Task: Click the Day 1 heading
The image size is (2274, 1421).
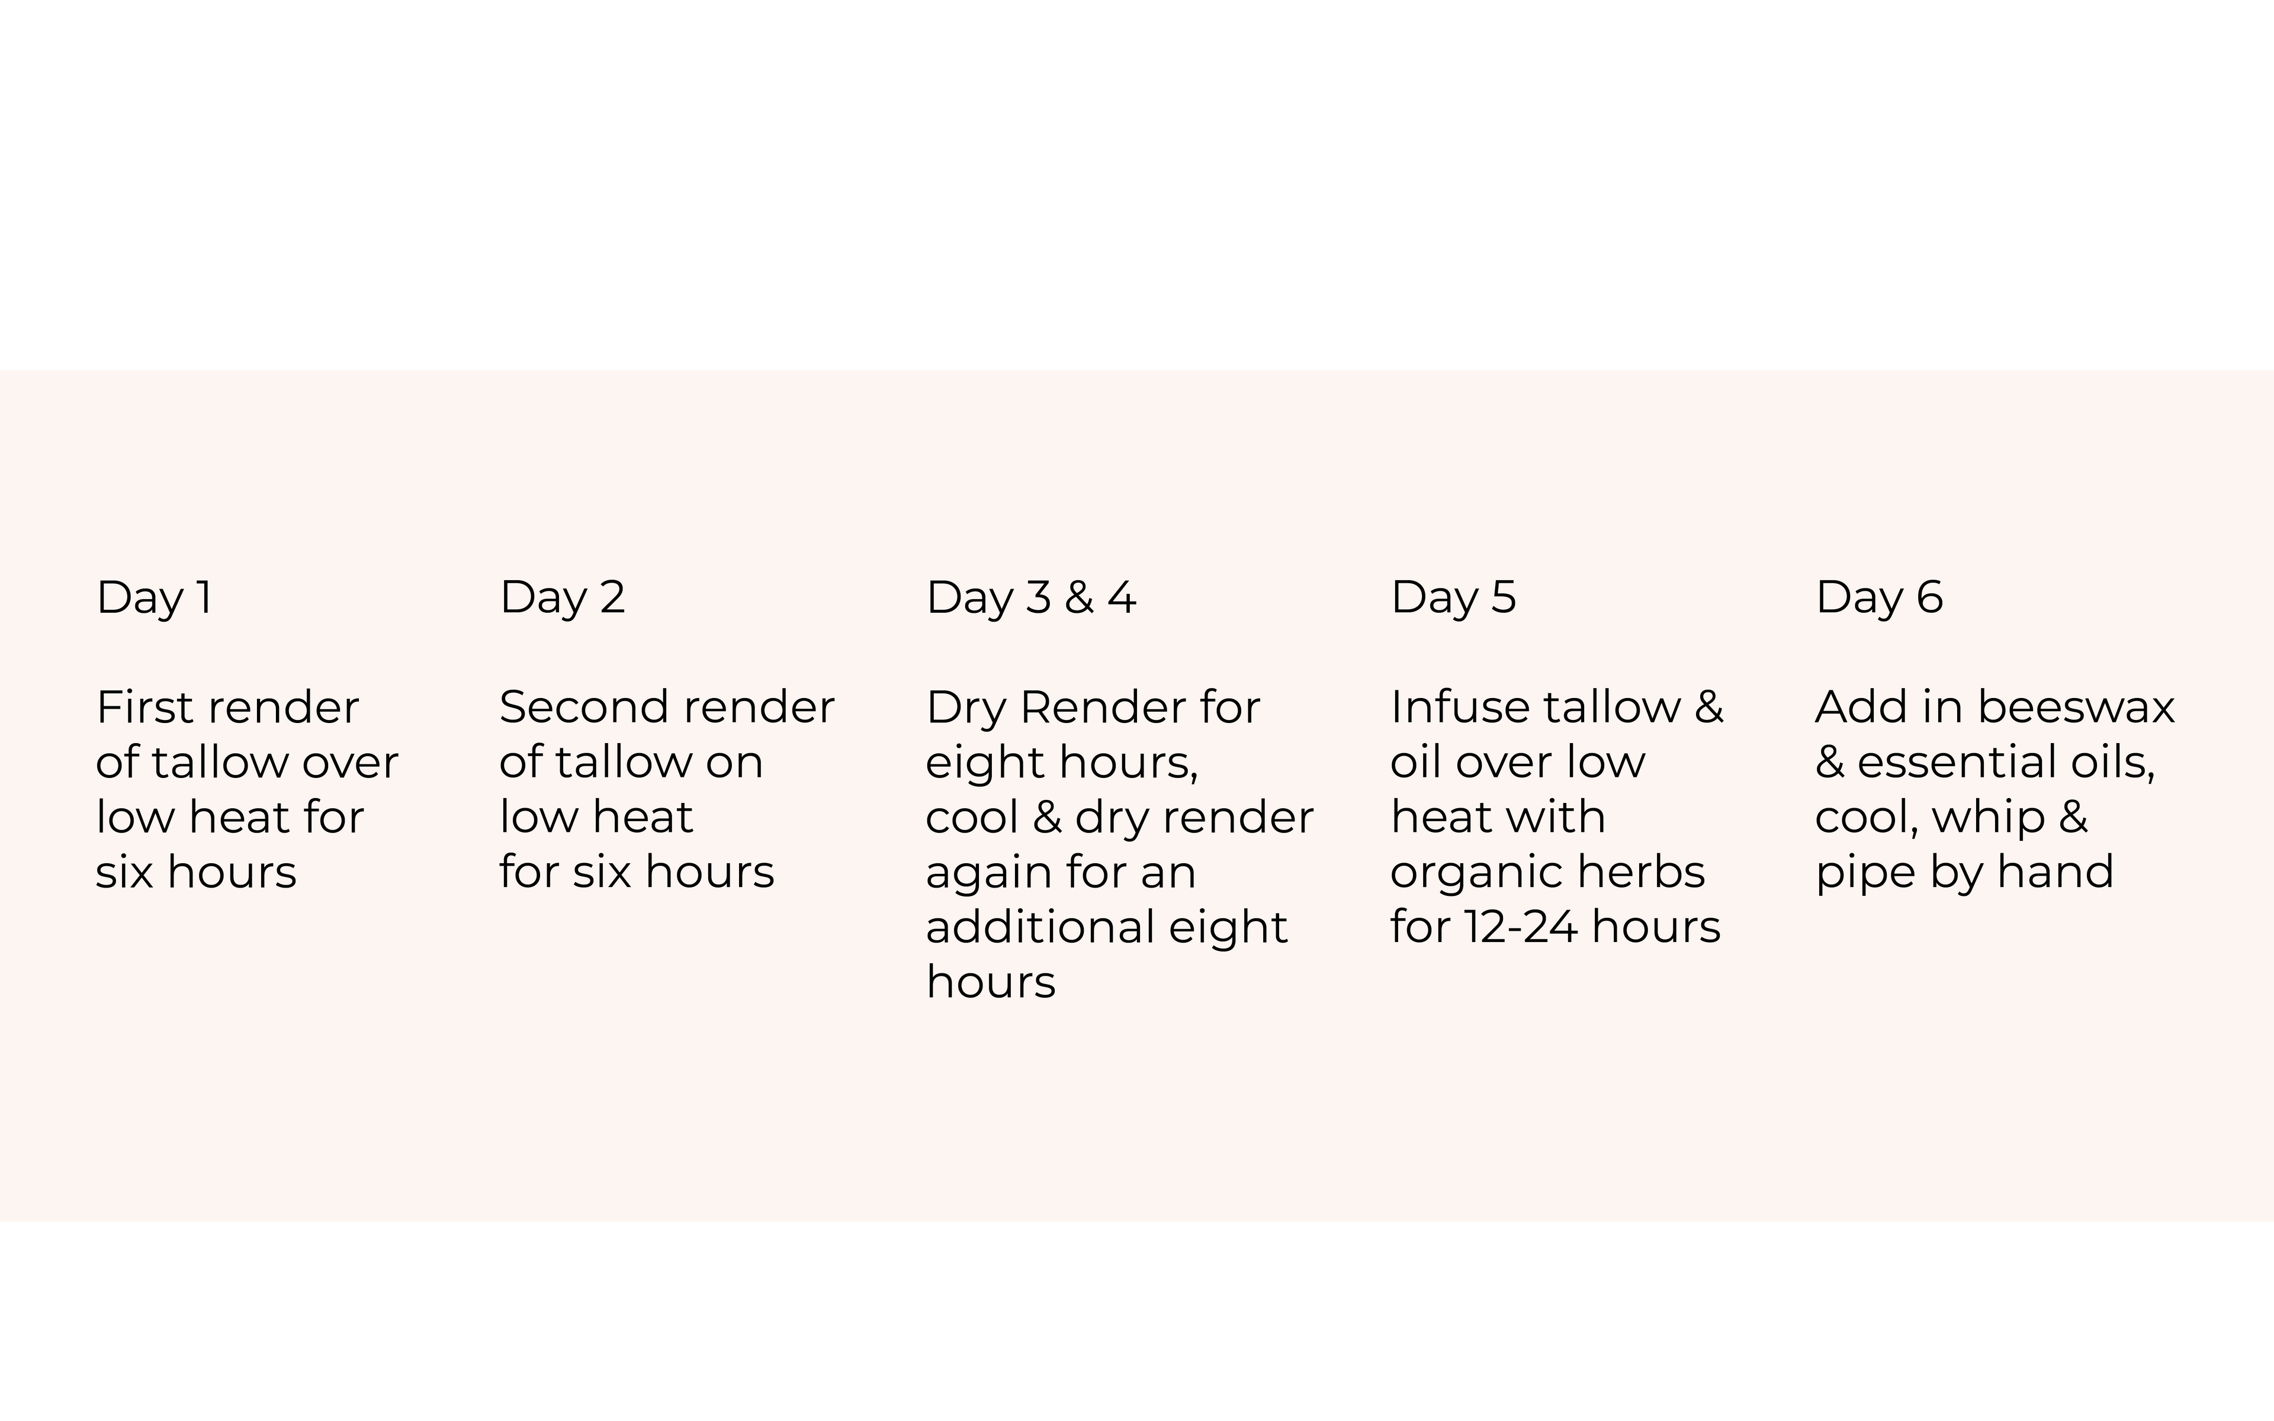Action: (154, 599)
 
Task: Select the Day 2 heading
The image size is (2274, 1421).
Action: (562, 599)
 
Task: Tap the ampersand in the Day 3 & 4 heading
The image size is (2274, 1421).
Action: (1080, 598)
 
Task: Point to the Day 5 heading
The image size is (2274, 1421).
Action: (1453, 599)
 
